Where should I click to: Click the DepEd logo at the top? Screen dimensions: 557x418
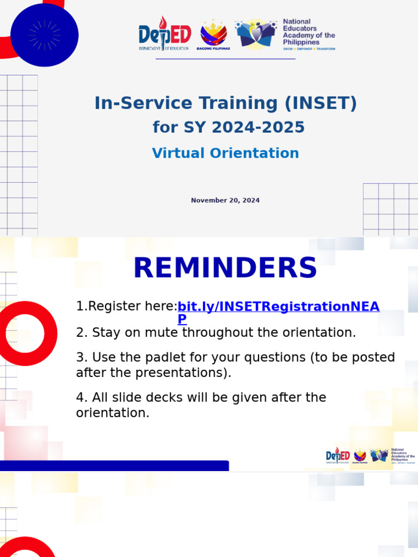point(164,34)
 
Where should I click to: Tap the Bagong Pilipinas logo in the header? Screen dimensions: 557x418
point(213,35)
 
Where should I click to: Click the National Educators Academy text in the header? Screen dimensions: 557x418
point(309,32)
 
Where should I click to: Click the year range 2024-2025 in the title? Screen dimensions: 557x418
point(258,127)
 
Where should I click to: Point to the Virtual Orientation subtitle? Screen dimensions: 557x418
point(225,153)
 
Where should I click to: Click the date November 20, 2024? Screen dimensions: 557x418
point(225,201)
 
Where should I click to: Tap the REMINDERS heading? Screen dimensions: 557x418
point(225,268)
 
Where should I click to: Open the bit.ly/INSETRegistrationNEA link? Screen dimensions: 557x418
point(278,307)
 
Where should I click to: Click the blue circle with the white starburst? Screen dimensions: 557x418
point(45,35)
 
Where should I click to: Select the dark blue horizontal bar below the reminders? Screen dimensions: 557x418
point(114,466)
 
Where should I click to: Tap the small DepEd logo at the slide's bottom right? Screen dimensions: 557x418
point(337,455)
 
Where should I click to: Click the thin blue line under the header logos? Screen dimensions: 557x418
point(225,58)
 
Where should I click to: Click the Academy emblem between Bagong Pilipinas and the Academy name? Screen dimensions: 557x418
point(257,34)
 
